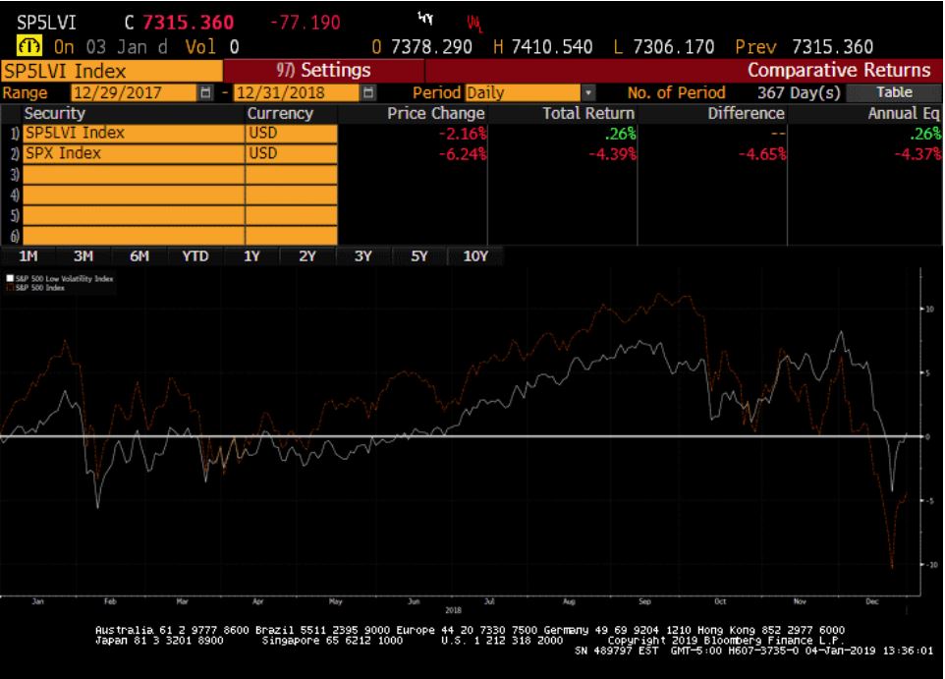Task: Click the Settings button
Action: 324,70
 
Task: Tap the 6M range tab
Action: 139,255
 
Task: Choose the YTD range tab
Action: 195,255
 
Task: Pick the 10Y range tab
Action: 475,255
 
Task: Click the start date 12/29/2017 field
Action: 133,92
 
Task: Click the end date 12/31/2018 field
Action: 296,92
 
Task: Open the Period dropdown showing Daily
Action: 529,92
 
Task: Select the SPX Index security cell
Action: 133,153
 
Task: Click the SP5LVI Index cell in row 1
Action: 133,133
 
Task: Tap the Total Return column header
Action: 588,113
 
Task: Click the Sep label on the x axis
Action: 644,599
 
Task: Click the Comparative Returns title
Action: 838,70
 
